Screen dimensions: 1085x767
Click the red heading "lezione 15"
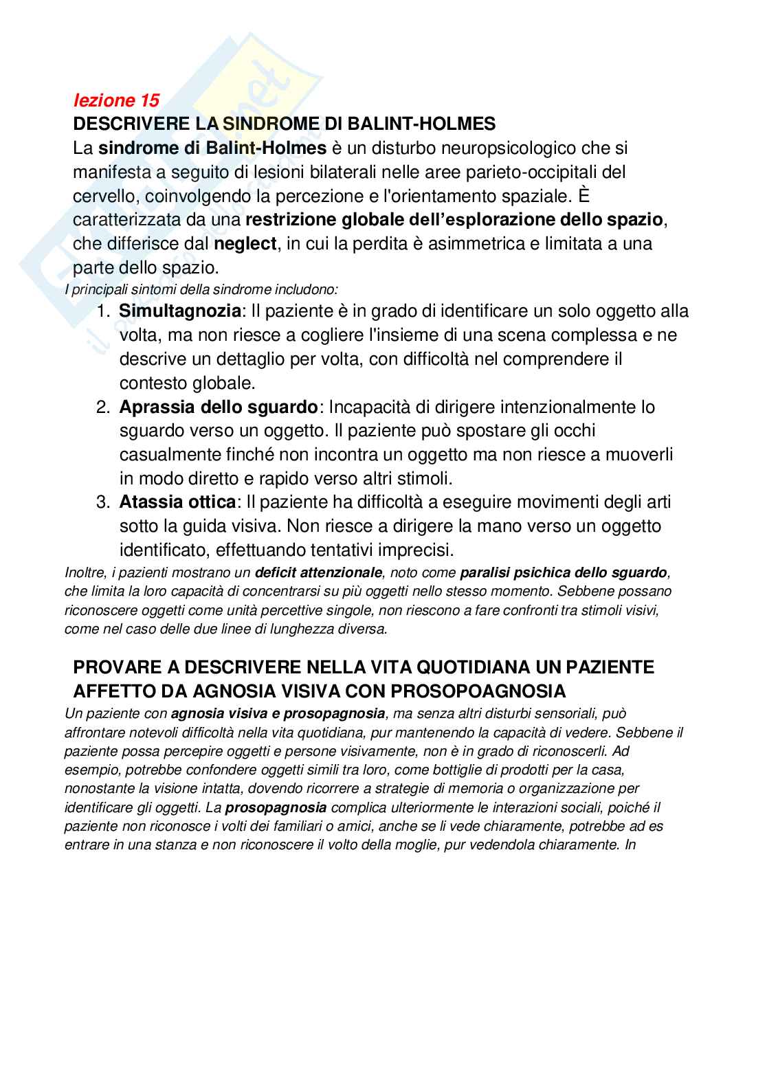[116, 100]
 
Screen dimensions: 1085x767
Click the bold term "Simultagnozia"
[180, 311]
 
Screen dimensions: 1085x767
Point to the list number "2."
[103, 407]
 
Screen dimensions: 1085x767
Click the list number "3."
[103, 502]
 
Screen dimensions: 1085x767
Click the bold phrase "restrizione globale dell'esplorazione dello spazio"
[454, 220]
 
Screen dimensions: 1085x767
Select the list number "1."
[103, 311]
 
